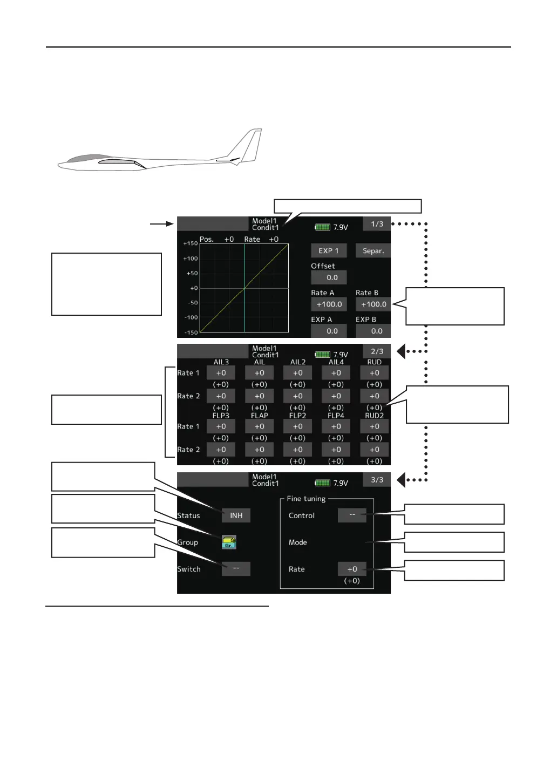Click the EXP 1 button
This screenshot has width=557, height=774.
pos(329,250)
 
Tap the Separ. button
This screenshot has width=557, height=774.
pos(373,250)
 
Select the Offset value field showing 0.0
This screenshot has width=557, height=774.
pos(329,277)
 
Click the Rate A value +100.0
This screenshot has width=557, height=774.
pos(329,304)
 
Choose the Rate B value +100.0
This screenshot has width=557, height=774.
pos(373,304)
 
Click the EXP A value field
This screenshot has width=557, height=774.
pos(329,331)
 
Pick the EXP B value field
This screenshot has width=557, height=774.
pos(373,331)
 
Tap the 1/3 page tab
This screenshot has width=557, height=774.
pos(377,223)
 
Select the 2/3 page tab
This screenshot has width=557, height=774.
pos(377,351)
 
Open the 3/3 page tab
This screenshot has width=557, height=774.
pos(377,480)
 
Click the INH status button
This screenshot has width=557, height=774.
pos(236,515)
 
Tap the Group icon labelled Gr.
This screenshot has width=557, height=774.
pos(229,542)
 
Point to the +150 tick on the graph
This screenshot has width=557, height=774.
pos(191,243)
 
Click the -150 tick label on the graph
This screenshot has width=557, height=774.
pos(191,332)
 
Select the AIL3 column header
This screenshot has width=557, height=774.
pos(221,362)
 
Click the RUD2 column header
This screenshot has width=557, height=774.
pos(374,416)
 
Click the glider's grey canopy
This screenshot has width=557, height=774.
pos(84,158)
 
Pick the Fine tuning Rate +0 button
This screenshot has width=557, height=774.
pos(352,569)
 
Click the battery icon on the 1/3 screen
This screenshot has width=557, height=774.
pos(322,227)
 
